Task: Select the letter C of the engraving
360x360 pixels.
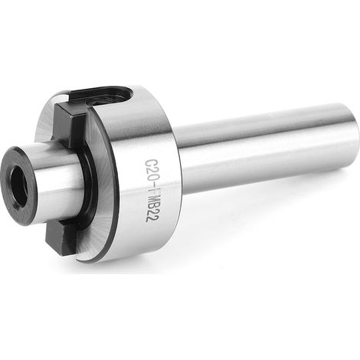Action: click(x=150, y=162)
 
